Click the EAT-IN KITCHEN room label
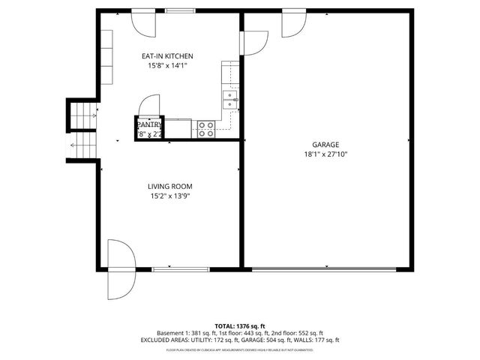(x=167, y=56)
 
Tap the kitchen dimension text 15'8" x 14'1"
(x=167, y=66)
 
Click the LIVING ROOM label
(x=169, y=187)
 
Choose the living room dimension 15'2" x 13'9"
(x=169, y=196)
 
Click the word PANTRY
(x=149, y=124)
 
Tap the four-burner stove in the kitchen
(x=205, y=129)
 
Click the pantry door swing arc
(x=151, y=105)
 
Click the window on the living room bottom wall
(x=170, y=268)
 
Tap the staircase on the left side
(x=82, y=128)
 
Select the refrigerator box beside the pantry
(x=178, y=128)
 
